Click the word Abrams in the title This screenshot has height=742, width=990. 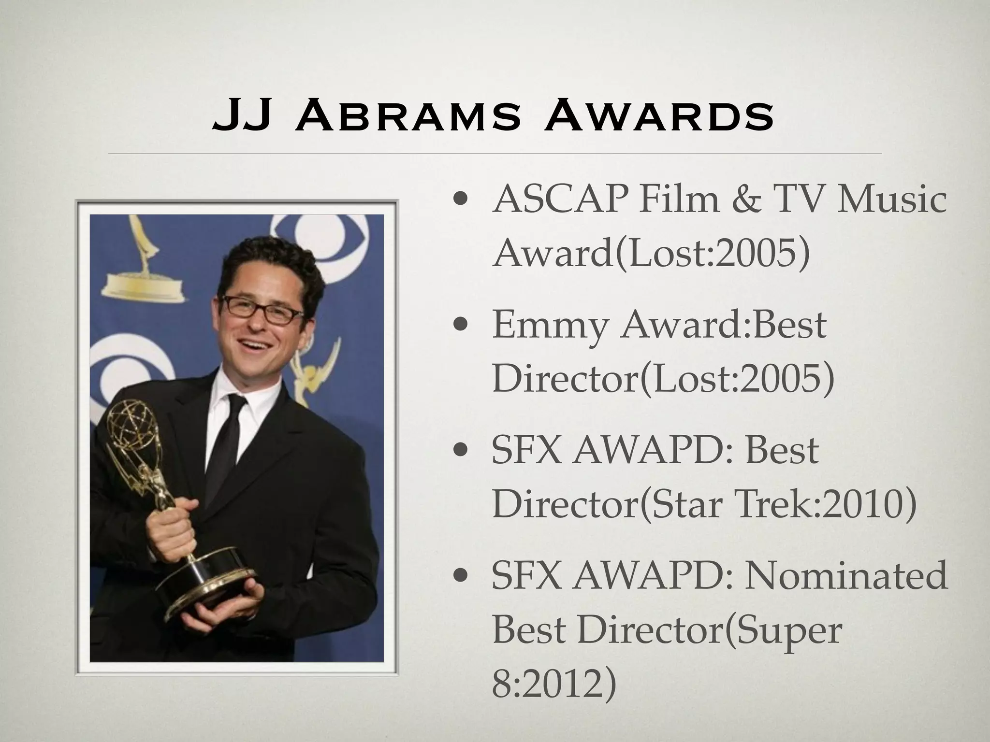(407, 117)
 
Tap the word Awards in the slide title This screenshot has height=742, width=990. (658, 117)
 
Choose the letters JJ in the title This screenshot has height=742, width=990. (241, 117)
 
